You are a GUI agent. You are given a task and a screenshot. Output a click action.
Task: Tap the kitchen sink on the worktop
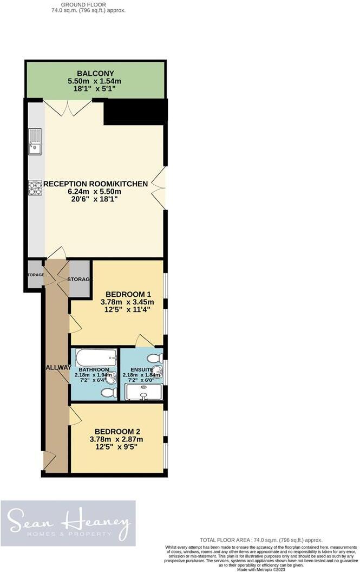tap(34, 141)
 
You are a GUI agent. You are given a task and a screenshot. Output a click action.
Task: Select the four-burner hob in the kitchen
tap(35, 187)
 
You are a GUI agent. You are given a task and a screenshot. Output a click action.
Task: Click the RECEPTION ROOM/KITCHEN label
tap(95, 184)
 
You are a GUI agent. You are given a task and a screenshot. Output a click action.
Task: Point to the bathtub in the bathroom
tap(96, 357)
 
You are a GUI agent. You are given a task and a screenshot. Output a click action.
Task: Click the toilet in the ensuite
tap(154, 358)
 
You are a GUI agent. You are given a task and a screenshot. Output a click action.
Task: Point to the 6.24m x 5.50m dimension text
tap(95, 192)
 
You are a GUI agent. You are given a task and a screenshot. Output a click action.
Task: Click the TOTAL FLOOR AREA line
tap(261, 540)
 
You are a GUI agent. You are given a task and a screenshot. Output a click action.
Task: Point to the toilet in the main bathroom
tap(109, 392)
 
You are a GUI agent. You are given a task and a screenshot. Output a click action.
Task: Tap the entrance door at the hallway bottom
tap(50, 461)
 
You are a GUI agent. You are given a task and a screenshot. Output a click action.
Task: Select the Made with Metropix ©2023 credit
tap(261, 568)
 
